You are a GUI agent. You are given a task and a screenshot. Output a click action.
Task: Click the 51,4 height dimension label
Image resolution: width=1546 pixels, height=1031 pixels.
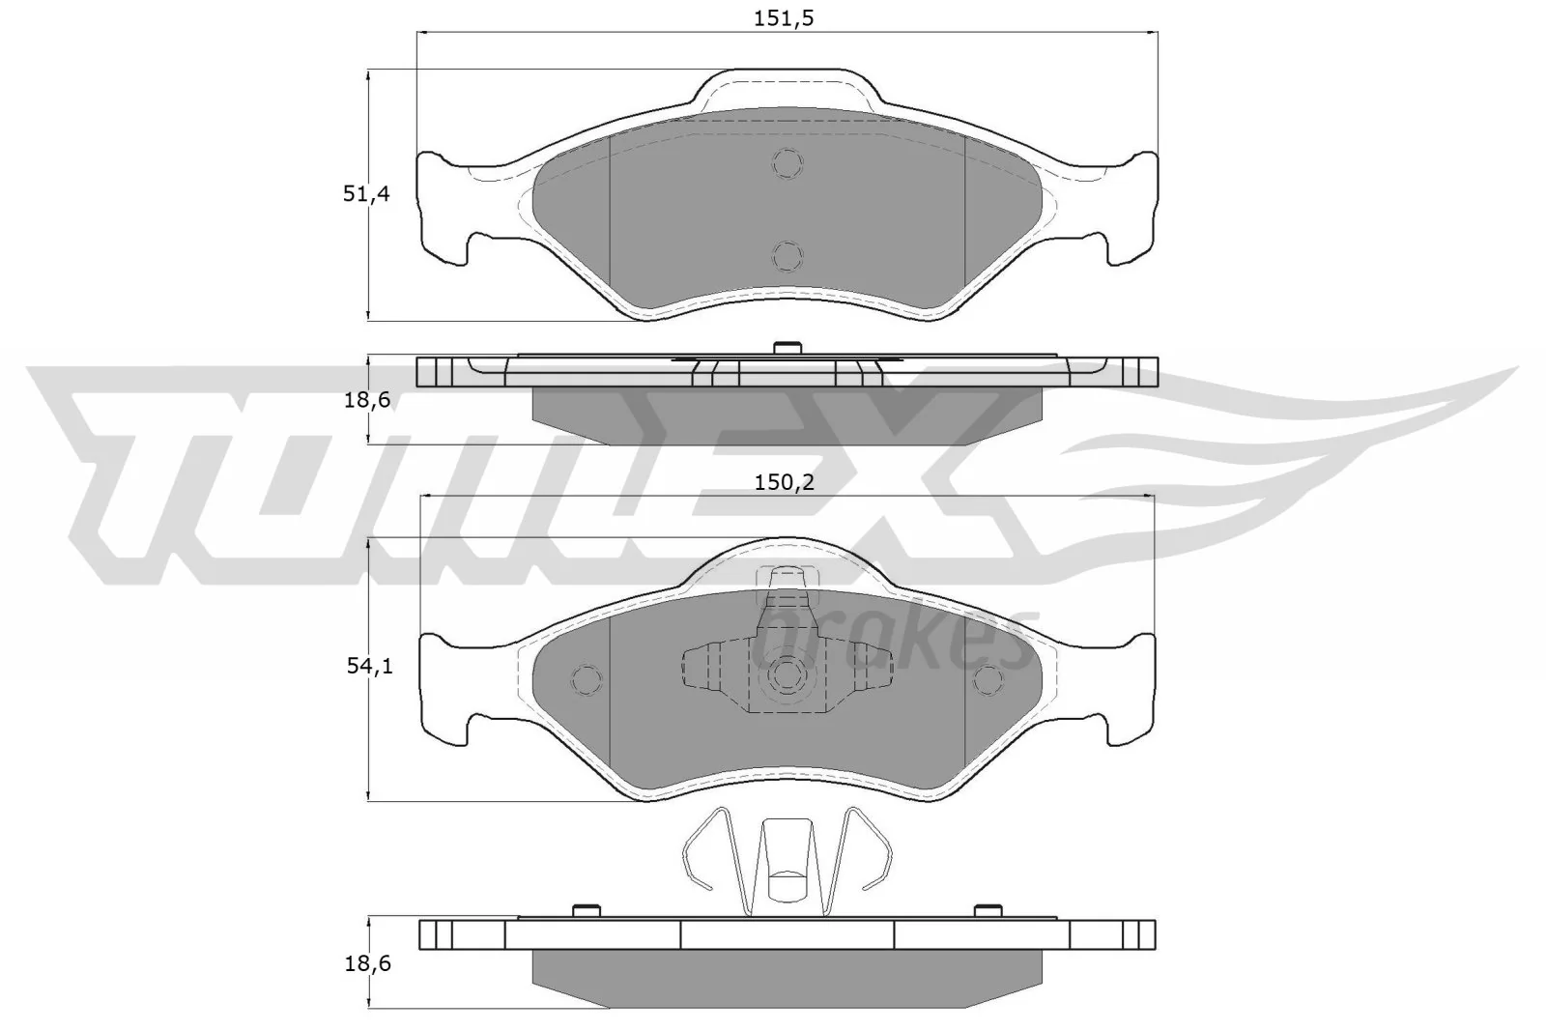click(x=366, y=193)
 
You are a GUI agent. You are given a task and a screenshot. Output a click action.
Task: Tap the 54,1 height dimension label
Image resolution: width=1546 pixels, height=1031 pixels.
click(x=368, y=666)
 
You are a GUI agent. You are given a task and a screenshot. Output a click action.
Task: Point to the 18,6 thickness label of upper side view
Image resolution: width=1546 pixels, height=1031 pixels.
click(x=366, y=398)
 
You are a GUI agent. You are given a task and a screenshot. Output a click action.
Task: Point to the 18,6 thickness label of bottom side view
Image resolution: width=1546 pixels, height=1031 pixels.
click(x=367, y=963)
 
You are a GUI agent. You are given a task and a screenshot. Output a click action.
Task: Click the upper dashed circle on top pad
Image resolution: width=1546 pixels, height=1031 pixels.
click(x=787, y=163)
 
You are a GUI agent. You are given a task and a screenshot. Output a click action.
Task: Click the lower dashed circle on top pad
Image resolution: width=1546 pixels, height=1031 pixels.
click(x=787, y=255)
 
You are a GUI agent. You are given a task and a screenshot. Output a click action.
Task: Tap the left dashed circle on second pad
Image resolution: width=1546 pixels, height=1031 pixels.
click(x=587, y=679)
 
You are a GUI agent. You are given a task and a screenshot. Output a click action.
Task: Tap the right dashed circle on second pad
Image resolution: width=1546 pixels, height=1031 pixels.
click(x=988, y=679)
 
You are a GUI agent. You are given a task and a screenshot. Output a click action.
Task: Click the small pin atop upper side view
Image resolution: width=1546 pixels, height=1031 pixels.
click(x=787, y=347)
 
